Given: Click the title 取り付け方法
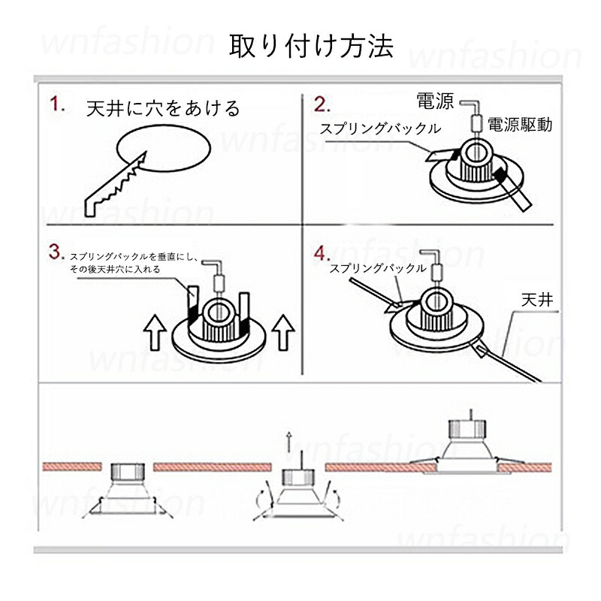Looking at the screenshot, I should click(x=311, y=47).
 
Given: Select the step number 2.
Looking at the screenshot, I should click(x=322, y=104).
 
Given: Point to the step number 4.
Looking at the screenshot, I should click(x=322, y=251).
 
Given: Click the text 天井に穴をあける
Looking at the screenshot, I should click(x=163, y=108).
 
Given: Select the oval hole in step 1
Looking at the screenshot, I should click(x=162, y=147).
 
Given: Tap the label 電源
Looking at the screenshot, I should click(x=434, y=101).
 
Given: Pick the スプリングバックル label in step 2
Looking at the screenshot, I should click(x=380, y=128).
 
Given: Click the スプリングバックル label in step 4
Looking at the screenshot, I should click(x=379, y=268).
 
